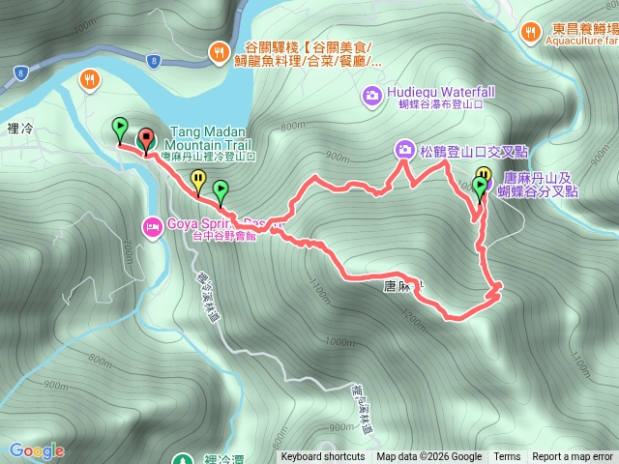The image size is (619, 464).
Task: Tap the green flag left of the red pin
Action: click(119, 127)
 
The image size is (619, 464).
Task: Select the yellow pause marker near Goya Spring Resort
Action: click(198, 179)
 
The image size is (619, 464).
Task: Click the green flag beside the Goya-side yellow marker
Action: click(221, 189)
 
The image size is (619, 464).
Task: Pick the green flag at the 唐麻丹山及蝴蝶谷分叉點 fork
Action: click(479, 185)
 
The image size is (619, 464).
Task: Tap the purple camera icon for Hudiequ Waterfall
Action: click(371, 95)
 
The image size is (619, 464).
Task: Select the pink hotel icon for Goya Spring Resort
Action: click(152, 228)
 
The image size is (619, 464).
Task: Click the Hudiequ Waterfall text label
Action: click(441, 92)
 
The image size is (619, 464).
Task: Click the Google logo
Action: click(37, 450)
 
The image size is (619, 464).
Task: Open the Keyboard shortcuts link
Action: click(323, 457)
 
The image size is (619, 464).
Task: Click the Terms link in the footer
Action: click(507, 457)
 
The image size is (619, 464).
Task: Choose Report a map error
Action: click(573, 457)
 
